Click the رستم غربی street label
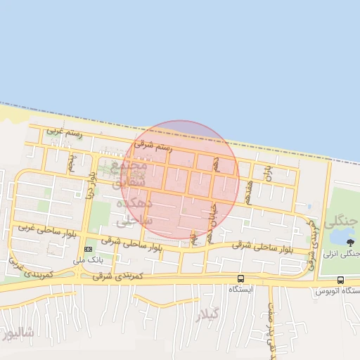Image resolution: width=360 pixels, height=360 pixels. point(64,131)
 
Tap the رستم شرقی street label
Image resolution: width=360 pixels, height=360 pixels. point(153,147)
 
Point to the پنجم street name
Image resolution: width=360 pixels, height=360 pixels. point(72,162)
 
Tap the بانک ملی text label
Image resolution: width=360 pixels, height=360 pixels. point(89,259)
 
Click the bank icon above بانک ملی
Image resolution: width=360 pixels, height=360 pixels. point(89,250)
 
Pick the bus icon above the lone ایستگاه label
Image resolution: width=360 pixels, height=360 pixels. point(241,278)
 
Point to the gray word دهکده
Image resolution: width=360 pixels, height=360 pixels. point(131,202)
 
